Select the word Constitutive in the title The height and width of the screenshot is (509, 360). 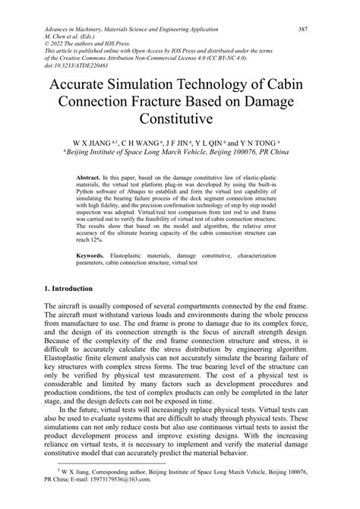[x=180, y=120]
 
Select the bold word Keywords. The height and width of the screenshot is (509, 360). [x=93, y=258]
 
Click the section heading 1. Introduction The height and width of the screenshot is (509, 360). [x=70, y=289]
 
